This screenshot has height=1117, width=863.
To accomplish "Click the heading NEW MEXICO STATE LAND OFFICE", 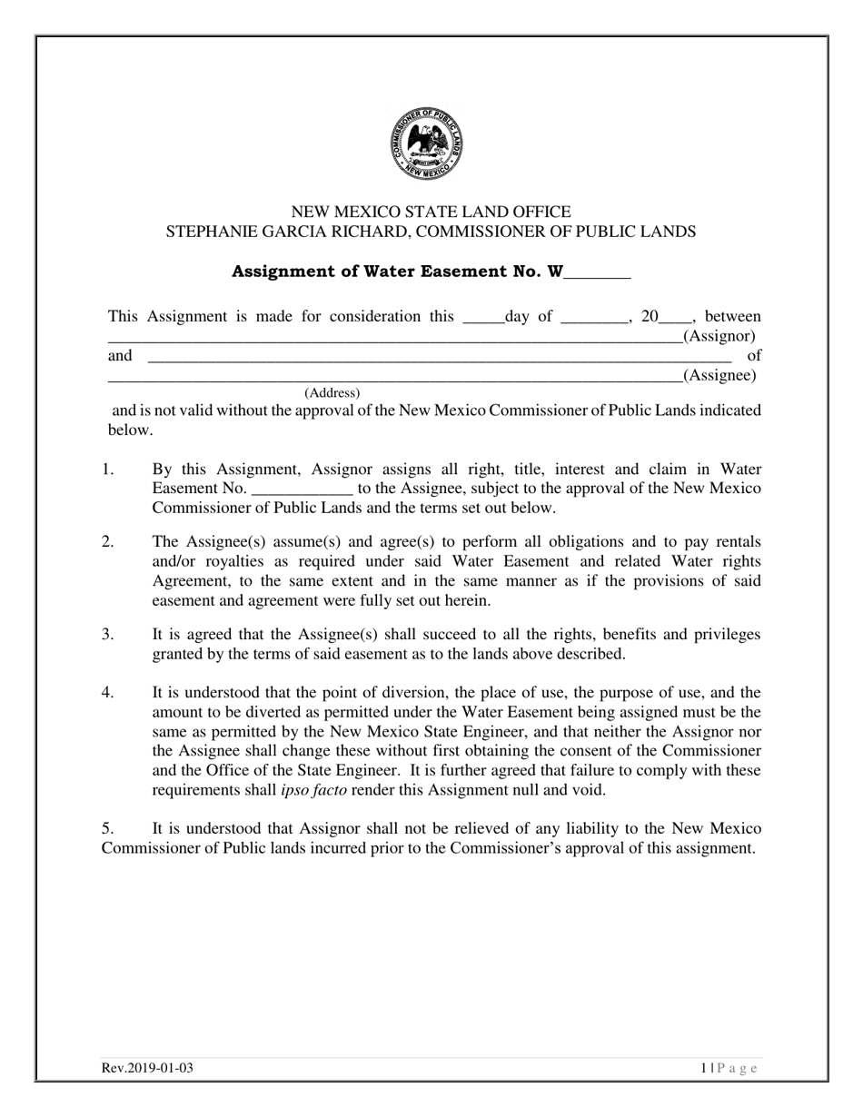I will coord(431,212).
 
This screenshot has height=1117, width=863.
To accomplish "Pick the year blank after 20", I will coord(675,317).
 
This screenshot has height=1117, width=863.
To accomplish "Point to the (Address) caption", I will coord(332,393).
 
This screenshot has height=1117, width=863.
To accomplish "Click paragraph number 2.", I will coord(107,542).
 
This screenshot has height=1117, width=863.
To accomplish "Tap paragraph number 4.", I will coord(107,693).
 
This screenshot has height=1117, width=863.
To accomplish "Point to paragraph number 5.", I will coord(107,828).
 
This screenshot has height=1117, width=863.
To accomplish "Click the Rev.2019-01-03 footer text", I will coord(147,1068).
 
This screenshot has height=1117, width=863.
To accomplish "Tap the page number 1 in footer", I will coord(704,1068).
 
